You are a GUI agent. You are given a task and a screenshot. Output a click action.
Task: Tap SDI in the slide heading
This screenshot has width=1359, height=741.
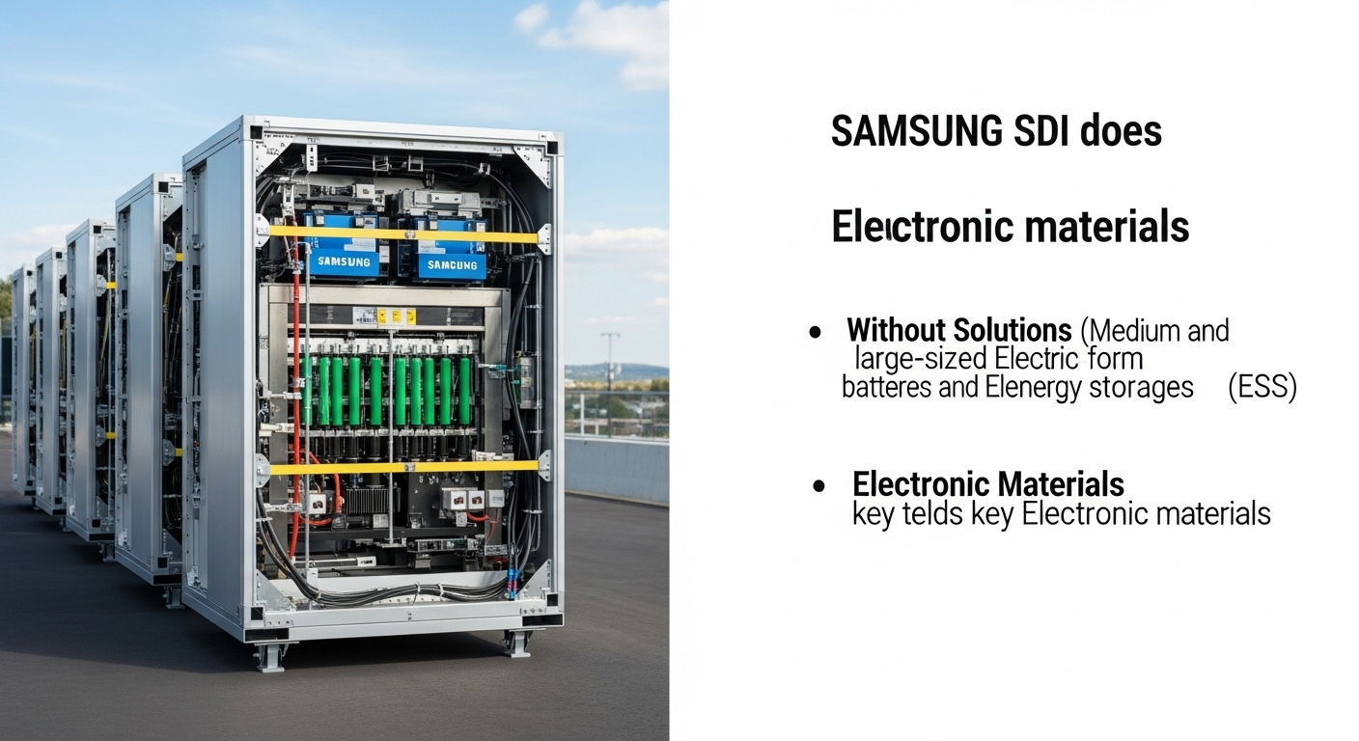(x=1013, y=132)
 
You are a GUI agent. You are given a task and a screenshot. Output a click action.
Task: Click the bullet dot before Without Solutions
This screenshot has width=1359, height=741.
(x=816, y=332)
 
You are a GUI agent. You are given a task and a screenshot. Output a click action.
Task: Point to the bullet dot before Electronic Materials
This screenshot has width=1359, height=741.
(x=819, y=485)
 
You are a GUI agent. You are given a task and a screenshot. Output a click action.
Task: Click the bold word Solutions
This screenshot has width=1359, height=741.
(x=1012, y=331)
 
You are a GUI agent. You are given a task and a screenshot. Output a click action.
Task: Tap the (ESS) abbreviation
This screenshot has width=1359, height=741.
(x=1262, y=388)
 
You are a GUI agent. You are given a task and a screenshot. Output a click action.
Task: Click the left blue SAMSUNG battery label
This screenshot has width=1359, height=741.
(x=343, y=261)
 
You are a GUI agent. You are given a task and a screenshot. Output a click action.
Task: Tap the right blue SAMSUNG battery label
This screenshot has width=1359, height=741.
(x=451, y=264)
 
